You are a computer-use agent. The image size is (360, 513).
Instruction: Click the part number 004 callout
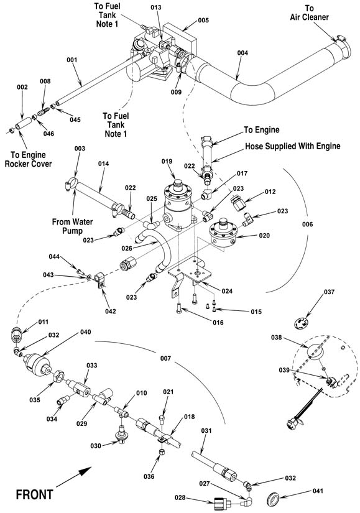(x=242, y=53)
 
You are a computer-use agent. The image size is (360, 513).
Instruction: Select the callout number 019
(x=167, y=161)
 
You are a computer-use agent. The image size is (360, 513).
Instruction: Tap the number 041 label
(x=318, y=491)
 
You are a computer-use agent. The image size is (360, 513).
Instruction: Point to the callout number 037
(x=330, y=292)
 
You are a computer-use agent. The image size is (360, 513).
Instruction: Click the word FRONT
(x=35, y=494)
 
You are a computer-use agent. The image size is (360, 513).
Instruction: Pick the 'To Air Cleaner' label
(x=309, y=13)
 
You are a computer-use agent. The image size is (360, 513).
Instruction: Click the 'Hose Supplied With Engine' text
(x=293, y=146)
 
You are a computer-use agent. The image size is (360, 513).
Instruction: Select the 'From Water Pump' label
(x=72, y=226)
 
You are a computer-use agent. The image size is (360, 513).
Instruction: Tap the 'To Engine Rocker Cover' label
(x=28, y=159)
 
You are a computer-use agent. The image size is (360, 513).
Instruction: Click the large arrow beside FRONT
(x=73, y=477)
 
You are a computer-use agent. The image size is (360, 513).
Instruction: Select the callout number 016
(x=218, y=322)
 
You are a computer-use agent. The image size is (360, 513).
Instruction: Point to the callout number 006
(x=307, y=224)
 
